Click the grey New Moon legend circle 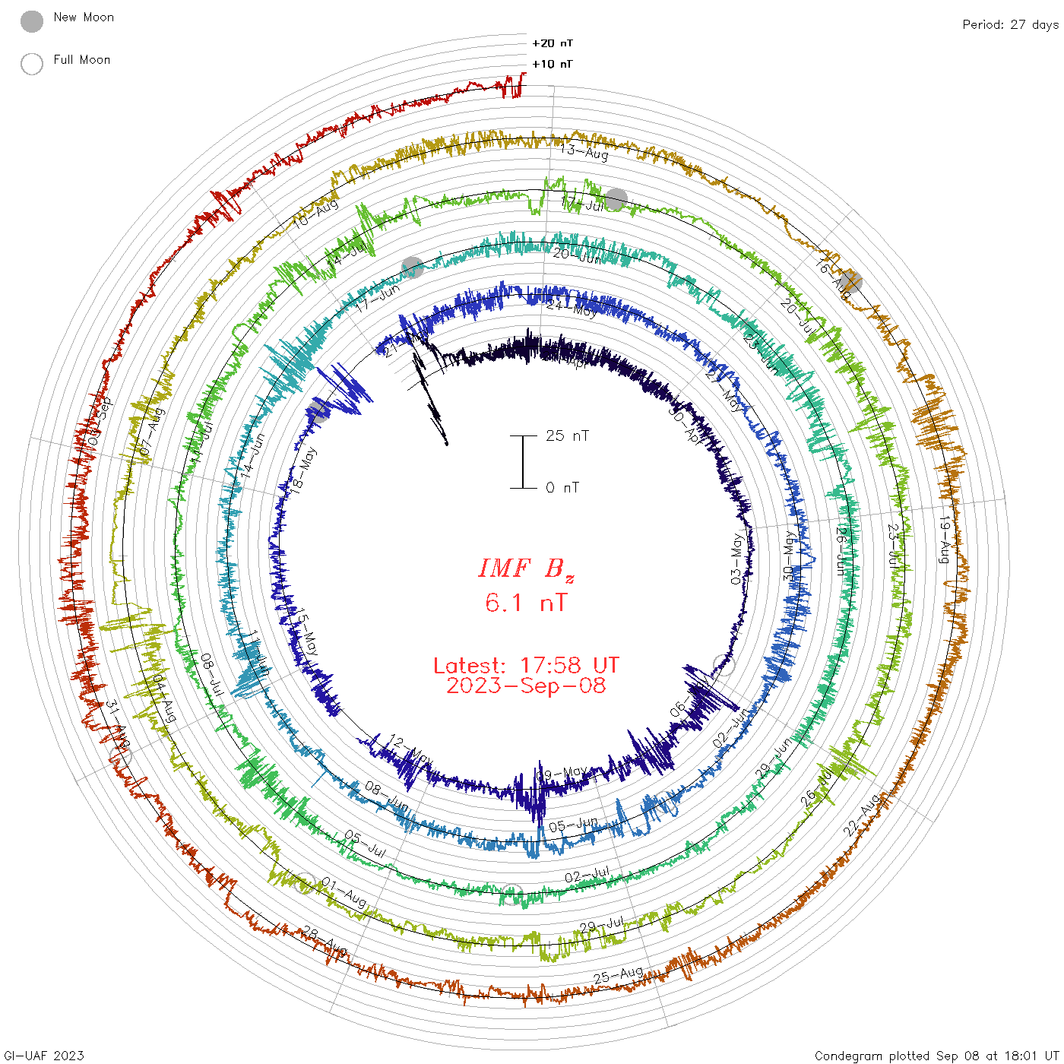tap(32, 21)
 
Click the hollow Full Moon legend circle tap(32, 64)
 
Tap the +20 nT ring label tap(552, 43)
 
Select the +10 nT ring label tap(552, 64)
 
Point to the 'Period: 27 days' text tap(1010, 24)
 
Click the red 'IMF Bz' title tap(526, 568)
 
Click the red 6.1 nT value tap(526, 603)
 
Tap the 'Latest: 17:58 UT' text tap(526, 666)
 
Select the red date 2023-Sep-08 tap(526, 686)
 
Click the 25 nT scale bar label tap(567, 436)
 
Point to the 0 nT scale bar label tap(562, 488)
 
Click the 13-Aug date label tap(584, 151)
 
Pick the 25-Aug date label tap(619, 975)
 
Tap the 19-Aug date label tap(945, 540)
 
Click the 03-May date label tap(736, 559)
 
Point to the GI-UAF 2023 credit tap(44, 1056)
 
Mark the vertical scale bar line tap(523, 462)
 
